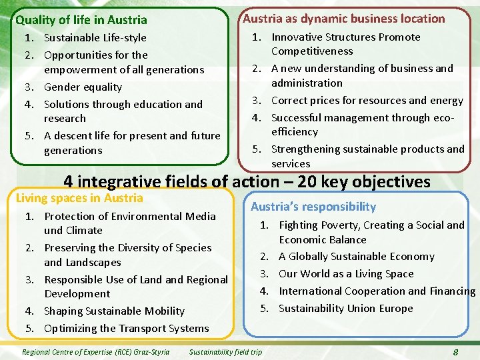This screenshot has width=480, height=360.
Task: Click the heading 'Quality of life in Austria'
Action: (x=81, y=20)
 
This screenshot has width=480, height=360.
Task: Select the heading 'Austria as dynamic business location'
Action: (x=343, y=19)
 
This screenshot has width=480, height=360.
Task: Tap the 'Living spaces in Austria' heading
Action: (x=79, y=198)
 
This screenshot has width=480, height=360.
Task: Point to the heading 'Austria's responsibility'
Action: (x=313, y=207)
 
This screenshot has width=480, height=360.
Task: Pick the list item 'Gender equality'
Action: (x=83, y=87)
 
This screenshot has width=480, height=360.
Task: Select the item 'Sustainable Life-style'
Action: (x=95, y=37)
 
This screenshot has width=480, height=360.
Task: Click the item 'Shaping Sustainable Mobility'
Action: (x=114, y=311)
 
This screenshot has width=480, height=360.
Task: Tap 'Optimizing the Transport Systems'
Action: (x=126, y=328)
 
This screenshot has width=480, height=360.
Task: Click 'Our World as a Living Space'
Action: (x=346, y=273)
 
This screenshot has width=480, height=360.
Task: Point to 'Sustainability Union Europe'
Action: (x=346, y=308)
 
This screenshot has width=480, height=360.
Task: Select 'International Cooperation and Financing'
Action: (x=377, y=291)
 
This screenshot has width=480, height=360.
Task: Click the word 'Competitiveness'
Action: (x=312, y=51)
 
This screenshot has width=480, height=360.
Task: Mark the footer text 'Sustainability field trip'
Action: (x=226, y=352)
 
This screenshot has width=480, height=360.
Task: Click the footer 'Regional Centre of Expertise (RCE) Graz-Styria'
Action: (x=96, y=352)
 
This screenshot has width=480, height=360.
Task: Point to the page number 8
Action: (x=455, y=352)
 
